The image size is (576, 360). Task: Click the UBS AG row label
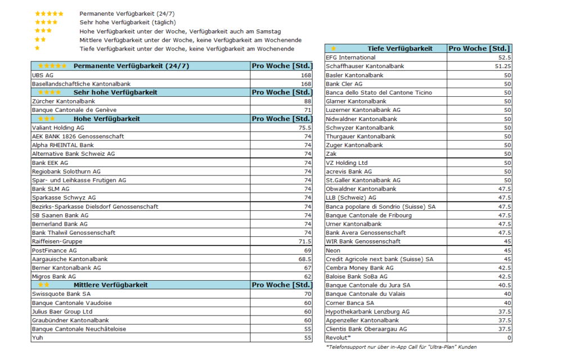[x=43, y=75]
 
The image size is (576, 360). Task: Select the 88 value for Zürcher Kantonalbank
[x=307, y=101]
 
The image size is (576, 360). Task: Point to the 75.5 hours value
[x=304, y=128]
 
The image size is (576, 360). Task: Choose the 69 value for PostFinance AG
[x=307, y=250]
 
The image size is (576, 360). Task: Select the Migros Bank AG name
[x=54, y=277]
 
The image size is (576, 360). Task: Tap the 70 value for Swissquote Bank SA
[x=307, y=294]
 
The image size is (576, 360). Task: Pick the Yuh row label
[x=37, y=338]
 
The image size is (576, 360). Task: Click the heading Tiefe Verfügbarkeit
[x=400, y=48]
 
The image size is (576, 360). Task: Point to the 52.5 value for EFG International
[x=504, y=57]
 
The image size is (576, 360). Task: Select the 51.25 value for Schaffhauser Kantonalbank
[x=502, y=66]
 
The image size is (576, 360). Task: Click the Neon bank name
[x=333, y=250]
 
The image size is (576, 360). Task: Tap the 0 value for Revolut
[x=509, y=338]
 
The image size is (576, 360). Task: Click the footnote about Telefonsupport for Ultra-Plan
[x=401, y=347]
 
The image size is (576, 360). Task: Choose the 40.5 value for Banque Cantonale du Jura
[x=504, y=285]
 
